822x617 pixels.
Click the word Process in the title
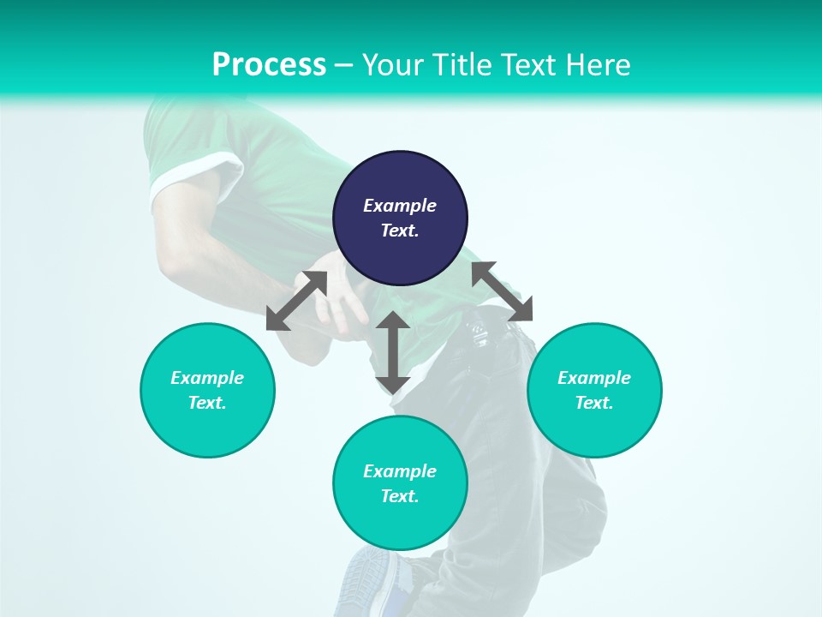[x=269, y=65]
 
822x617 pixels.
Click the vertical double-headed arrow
[x=393, y=352]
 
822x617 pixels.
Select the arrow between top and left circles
[x=296, y=301]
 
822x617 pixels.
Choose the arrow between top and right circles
[x=503, y=291]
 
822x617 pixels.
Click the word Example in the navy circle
[x=400, y=206]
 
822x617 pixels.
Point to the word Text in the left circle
[x=207, y=403]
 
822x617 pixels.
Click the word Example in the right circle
[x=594, y=378]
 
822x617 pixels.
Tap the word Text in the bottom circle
[x=400, y=496]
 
